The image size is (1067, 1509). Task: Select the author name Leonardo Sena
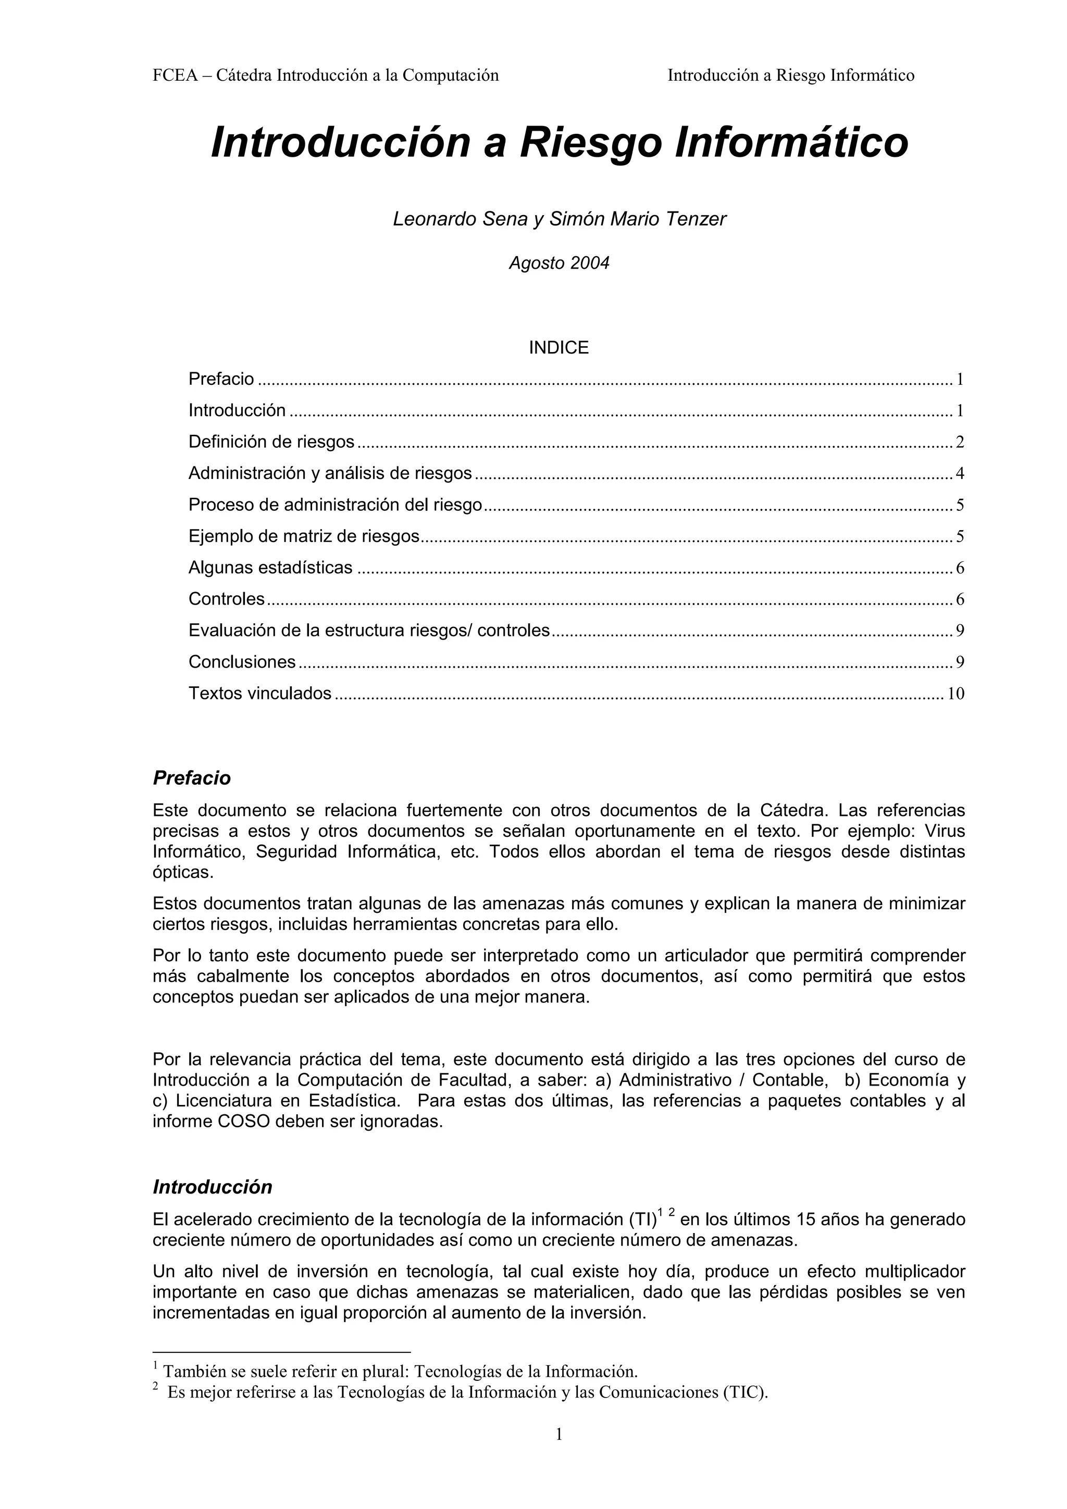pyautogui.click(x=460, y=219)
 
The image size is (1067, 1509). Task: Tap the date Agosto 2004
pyautogui.click(x=559, y=263)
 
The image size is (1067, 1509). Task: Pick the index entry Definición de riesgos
pyautogui.click(x=271, y=442)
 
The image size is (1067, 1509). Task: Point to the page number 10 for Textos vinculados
pyautogui.click(x=955, y=694)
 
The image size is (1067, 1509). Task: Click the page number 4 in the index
pyautogui.click(x=959, y=474)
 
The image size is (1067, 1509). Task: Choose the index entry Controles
pyautogui.click(x=226, y=599)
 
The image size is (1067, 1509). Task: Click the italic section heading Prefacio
pyautogui.click(x=191, y=778)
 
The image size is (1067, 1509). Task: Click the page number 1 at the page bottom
pyautogui.click(x=559, y=1452)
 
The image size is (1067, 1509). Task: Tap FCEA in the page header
pyautogui.click(x=175, y=76)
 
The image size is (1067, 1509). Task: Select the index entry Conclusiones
pyautogui.click(x=242, y=662)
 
